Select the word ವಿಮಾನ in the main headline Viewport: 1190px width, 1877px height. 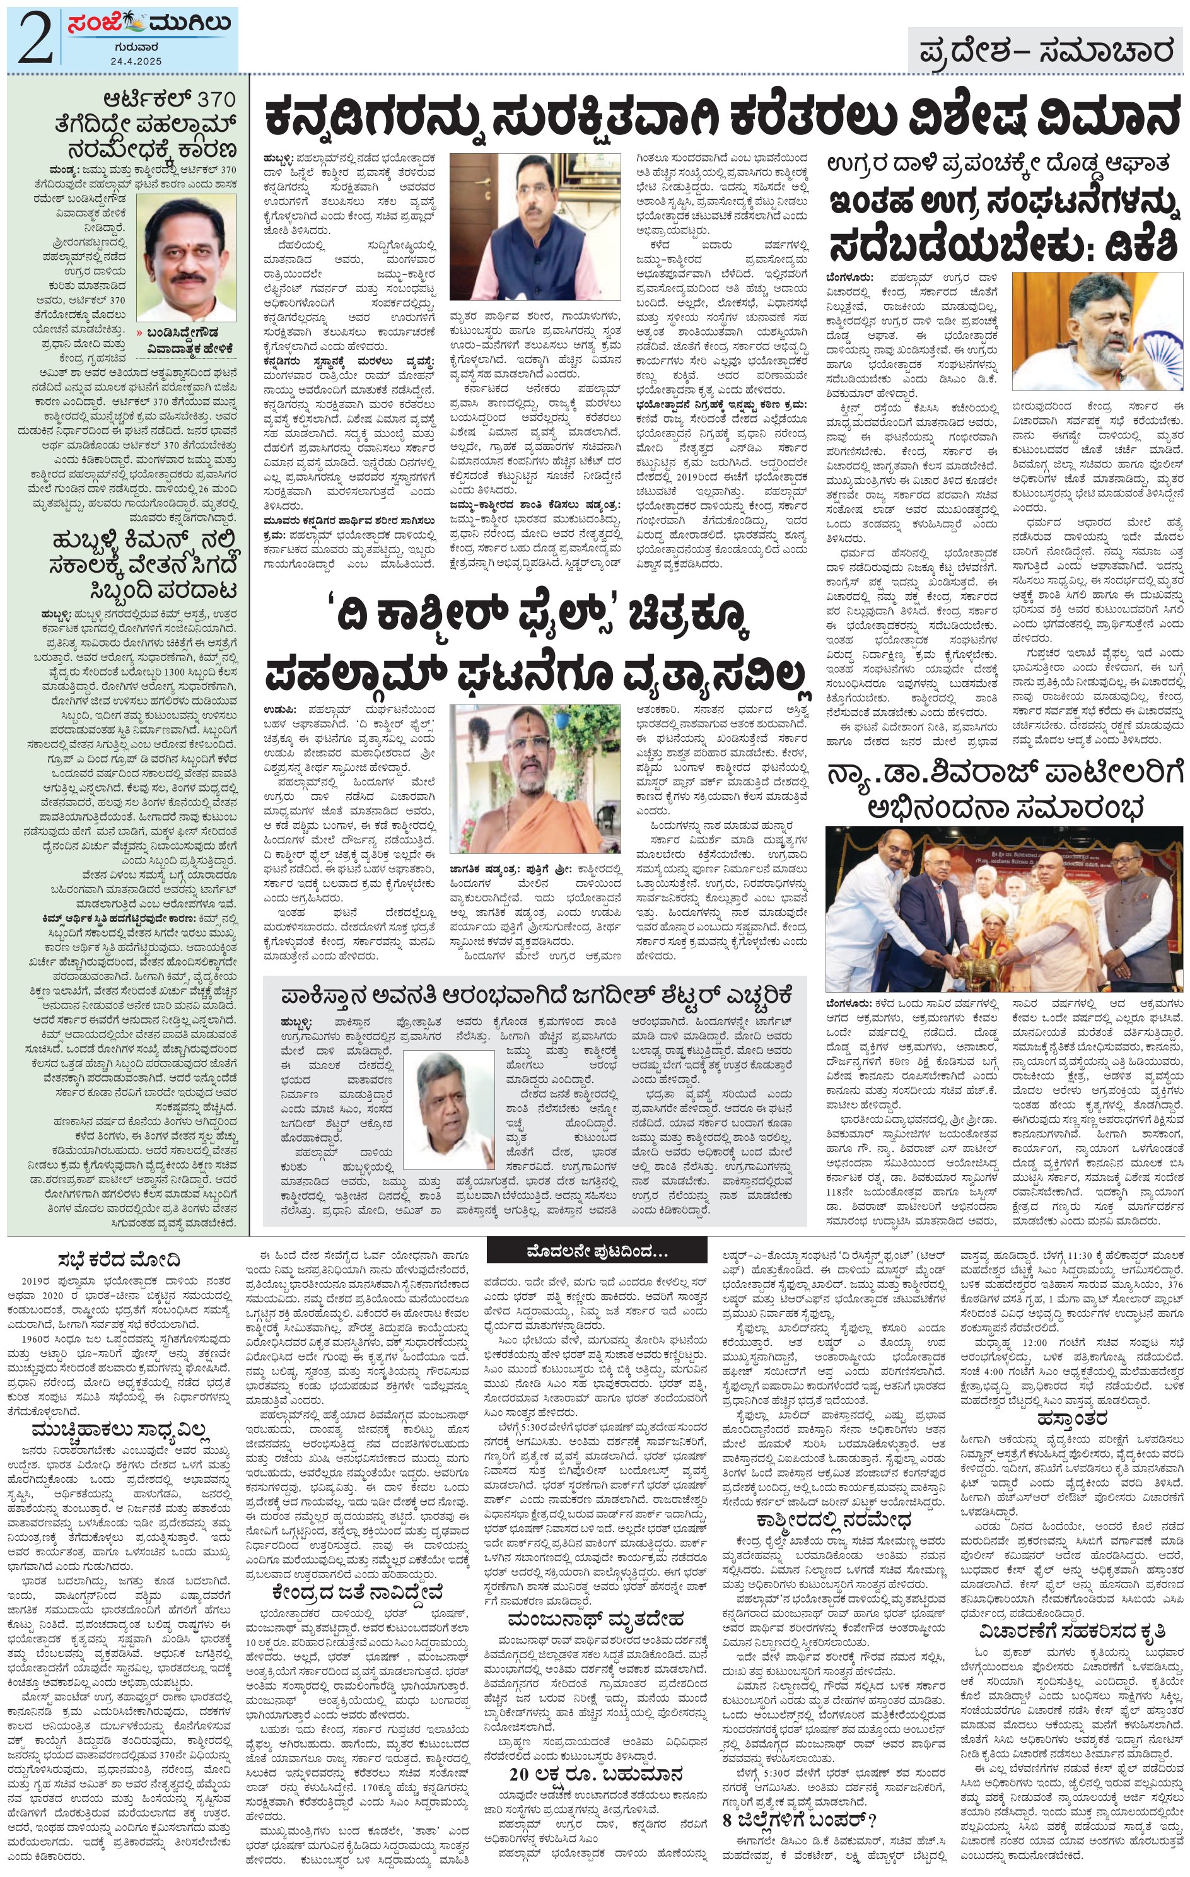pyautogui.click(x=1107, y=116)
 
